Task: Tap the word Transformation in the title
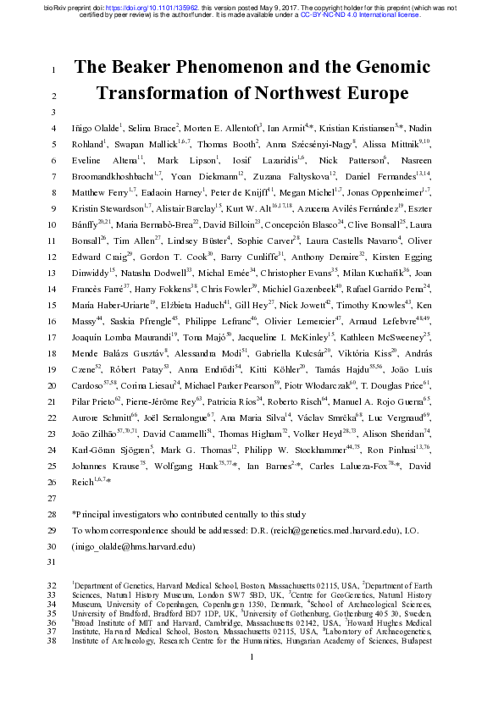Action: [169, 93]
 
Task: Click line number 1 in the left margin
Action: [53, 69]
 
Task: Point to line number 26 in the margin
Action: [52, 481]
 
